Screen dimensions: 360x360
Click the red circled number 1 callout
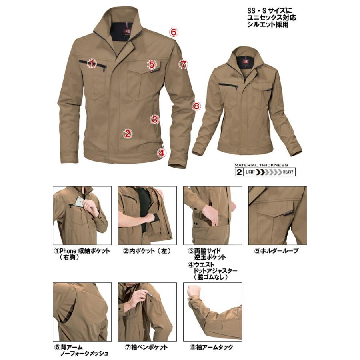[92, 63]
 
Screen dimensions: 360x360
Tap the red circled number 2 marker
[128, 134]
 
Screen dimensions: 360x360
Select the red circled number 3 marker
[155, 118]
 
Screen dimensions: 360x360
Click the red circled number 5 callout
[151, 64]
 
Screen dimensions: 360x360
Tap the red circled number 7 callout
[183, 64]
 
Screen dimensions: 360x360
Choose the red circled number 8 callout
[196, 106]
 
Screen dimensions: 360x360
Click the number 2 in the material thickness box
[239, 172]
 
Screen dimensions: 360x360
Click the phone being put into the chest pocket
[80, 202]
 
